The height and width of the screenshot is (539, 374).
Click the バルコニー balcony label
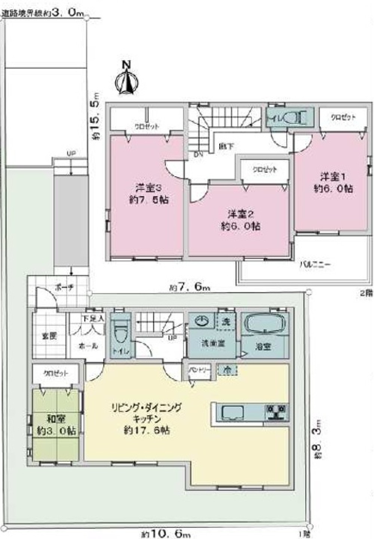click(x=315, y=264)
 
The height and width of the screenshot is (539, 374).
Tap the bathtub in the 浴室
click(x=265, y=323)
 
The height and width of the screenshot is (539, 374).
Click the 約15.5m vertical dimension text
click(x=96, y=116)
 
